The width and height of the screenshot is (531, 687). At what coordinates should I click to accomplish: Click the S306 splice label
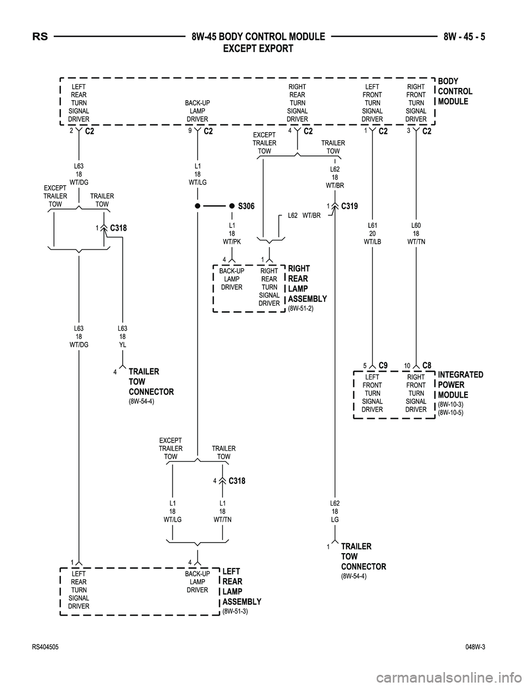pyautogui.click(x=246, y=206)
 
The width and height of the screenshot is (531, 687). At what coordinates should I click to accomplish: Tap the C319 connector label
pyautogui.click(x=350, y=206)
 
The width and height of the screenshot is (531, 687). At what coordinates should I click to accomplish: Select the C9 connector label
pyautogui.click(x=383, y=365)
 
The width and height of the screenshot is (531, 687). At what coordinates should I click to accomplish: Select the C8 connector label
pyautogui.click(x=426, y=365)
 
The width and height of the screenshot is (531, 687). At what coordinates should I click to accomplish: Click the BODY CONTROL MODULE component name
pyautogui.click(x=455, y=91)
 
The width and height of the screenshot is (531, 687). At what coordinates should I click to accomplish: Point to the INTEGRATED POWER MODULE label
pyautogui.click(x=460, y=385)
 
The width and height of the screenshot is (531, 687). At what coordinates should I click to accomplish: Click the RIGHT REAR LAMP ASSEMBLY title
pyautogui.click(x=307, y=284)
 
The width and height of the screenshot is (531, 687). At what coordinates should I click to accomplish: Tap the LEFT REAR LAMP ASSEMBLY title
pyautogui.click(x=241, y=586)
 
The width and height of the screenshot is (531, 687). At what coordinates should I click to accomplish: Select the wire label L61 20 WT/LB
pyautogui.click(x=372, y=233)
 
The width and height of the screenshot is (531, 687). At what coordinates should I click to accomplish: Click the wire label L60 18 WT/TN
pyautogui.click(x=416, y=233)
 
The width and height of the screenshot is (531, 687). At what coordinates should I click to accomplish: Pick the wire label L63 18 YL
pyautogui.click(x=123, y=336)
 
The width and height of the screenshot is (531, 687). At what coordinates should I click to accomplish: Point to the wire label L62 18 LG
pyautogui.click(x=335, y=512)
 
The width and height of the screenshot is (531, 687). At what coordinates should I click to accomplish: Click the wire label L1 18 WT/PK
pyautogui.click(x=232, y=233)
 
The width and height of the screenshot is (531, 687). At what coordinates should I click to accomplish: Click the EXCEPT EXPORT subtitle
pyautogui.click(x=257, y=49)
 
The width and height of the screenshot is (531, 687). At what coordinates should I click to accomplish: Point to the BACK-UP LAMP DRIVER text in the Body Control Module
pyautogui.click(x=197, y=111)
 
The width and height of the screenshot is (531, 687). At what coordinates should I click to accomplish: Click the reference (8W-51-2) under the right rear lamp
pyautogui.click(x=301, y=308)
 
